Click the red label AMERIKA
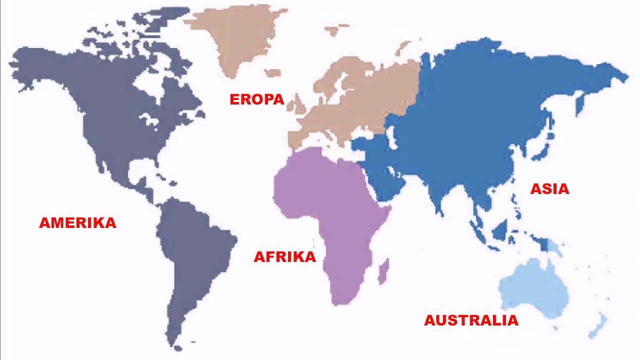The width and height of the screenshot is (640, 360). [77, 222]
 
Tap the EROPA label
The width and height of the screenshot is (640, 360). [256, 99]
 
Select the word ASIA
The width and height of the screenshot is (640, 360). [549, 189]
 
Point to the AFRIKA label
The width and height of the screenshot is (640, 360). [285, 257]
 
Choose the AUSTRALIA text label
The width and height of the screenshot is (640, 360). [471, 320]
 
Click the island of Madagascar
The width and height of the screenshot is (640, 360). [383, 272]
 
